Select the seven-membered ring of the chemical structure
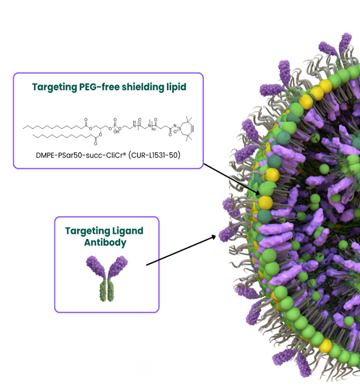(179, 127)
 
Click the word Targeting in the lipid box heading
(54, 87)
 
